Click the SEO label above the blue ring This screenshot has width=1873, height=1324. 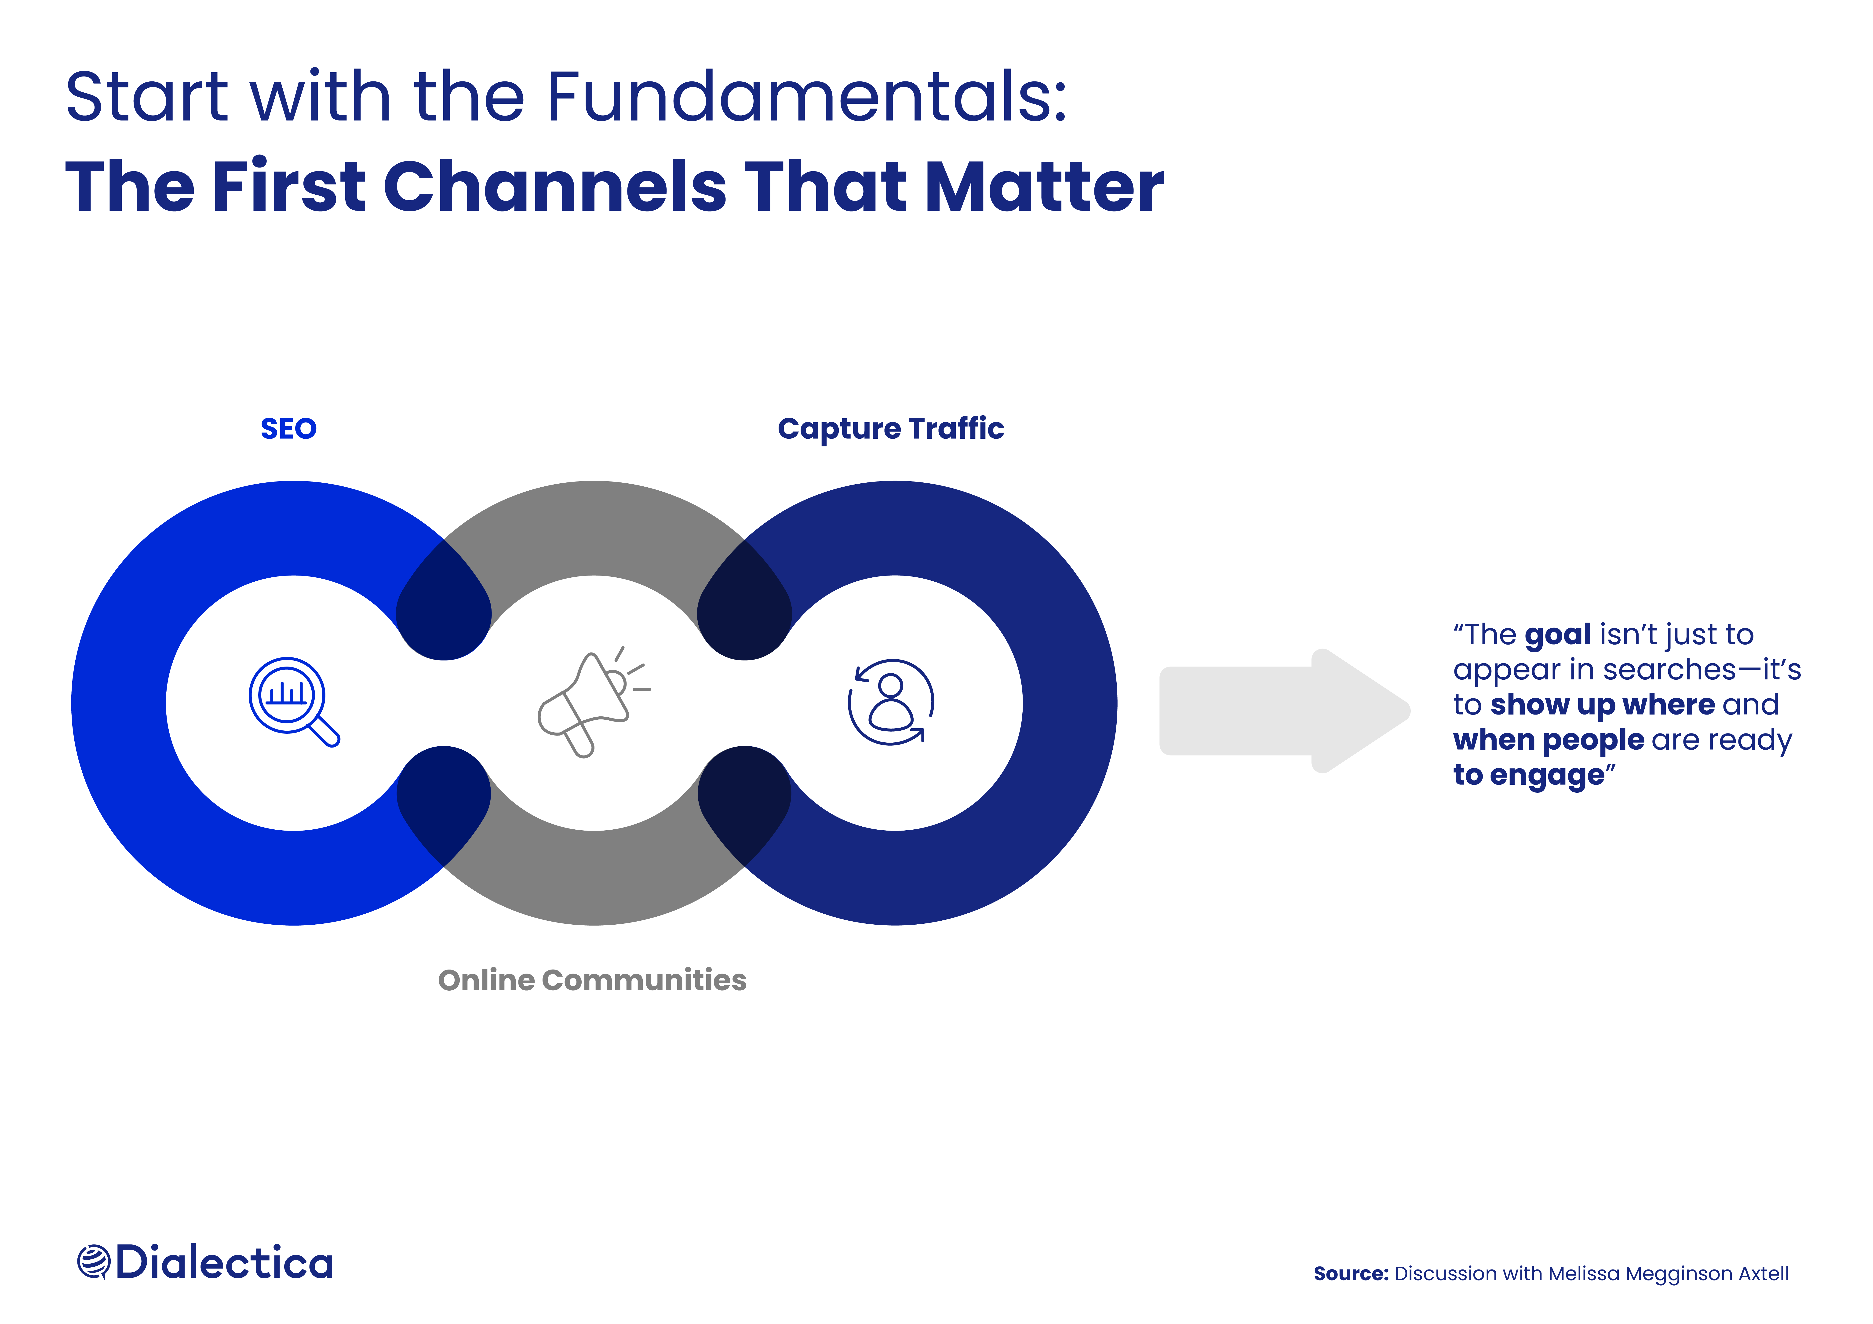pyautogui.click(x=288, y=428)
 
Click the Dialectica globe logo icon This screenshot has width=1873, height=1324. pyautogui.click(x=93, y=1262)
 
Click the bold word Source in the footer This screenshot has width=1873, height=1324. pyautogui.click(x=1350, y=1273)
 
